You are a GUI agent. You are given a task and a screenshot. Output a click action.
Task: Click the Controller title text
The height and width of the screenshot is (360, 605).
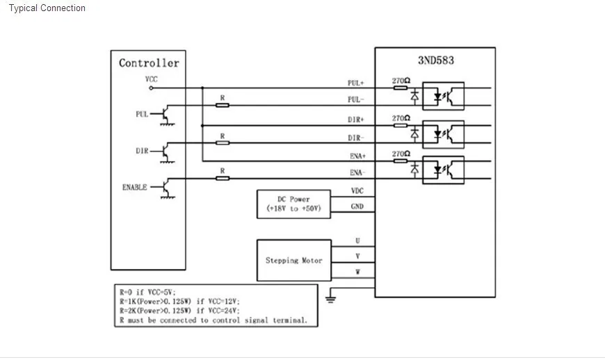point(149,63)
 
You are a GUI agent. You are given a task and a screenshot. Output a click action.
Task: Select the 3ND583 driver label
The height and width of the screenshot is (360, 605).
point(436,60)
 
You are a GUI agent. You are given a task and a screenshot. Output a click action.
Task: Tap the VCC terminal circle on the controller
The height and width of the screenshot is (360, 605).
point(152,88)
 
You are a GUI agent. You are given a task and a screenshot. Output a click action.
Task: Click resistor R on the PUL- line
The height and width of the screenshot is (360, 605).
point(223,105)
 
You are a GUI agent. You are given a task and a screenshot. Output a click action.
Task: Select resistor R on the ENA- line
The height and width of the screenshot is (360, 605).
point(223,178)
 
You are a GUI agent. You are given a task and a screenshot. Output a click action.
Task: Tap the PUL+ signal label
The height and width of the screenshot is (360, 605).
point(356,83)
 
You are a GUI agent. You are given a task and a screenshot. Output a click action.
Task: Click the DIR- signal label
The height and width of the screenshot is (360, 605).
point(356,138)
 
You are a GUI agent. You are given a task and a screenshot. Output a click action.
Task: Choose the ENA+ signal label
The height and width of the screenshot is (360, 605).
point(357,156)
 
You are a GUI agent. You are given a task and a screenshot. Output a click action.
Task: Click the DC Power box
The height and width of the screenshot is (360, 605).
point(293,204)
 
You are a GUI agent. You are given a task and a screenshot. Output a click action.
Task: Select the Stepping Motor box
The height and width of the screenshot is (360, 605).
point(294,260)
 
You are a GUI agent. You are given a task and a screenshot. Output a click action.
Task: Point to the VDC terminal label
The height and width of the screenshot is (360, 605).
point(357,191)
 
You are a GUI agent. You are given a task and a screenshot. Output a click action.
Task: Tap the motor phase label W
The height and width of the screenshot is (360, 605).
point(357,272)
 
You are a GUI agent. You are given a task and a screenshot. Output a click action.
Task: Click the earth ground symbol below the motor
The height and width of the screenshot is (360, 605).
point(330,299)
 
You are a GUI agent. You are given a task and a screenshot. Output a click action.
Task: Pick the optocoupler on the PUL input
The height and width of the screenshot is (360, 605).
point(444,96)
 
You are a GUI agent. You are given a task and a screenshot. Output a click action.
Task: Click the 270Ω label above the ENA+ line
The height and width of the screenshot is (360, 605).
point(401,154)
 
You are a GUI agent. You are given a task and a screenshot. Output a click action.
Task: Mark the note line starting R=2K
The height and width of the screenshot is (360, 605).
point(179,311)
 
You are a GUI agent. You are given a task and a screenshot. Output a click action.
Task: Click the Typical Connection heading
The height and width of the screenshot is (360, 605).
point(47,8)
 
